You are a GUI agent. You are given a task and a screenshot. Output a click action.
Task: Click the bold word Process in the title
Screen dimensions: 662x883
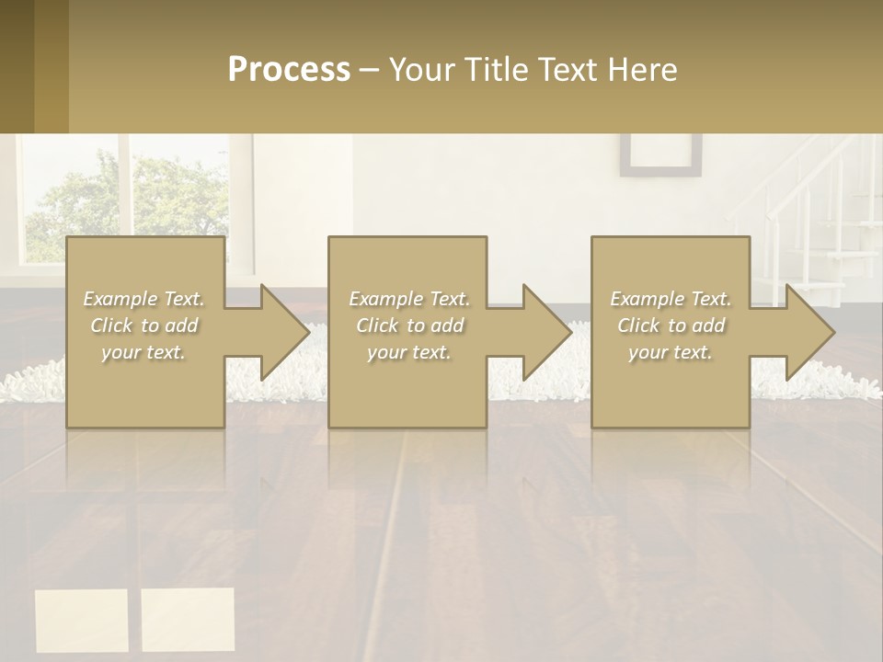[x=289, y=70]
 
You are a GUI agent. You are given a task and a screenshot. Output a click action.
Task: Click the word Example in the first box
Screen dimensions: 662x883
[x=120, y=299]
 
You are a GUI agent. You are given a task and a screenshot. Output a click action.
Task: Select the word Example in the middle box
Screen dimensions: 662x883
[x=385, y=299]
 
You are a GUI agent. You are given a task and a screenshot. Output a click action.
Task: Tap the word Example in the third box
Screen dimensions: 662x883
[x=647, y=299]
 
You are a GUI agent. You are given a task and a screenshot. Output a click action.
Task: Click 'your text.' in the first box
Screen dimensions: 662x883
[x=143, y=352]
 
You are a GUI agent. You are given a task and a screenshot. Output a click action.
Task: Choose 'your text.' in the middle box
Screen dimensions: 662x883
[x=408, y=352]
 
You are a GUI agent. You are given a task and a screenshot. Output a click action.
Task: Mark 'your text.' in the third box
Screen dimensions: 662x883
[x=671, y=352]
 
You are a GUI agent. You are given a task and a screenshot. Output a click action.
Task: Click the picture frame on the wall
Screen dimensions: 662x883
[x=660, y=154]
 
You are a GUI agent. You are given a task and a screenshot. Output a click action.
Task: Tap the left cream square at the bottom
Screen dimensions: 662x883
[x=82, y=620]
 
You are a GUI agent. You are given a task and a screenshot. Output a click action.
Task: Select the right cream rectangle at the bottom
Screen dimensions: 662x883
[x=188, y=620]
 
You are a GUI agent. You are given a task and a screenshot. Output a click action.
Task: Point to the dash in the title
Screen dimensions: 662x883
[x=370, y=70]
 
